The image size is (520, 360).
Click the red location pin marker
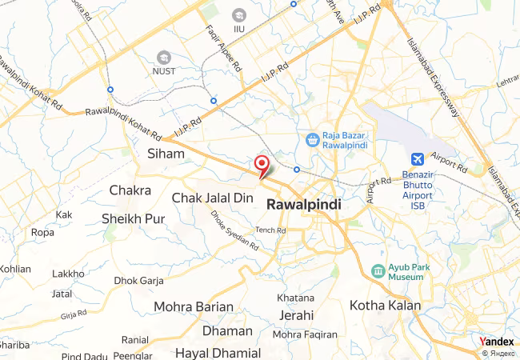(x=261, y=164)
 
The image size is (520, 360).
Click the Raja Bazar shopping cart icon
(x=312, y=140)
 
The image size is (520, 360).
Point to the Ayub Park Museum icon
(x=378, y=271)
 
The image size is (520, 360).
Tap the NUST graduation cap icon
(x=164, y=58)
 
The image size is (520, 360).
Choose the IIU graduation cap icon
(x=238, y=15)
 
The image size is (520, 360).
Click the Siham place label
(x=166, y=152)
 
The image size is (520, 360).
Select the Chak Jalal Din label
(x=213, y=197)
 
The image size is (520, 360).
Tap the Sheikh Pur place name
(x=134, y=218)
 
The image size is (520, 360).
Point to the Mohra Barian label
(x=194, y=306)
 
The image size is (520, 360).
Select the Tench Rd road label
(x=270, y=230)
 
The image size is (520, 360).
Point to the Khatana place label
(x=295, y=298)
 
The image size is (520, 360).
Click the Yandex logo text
(x=497, y=342)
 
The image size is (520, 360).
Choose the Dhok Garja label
(x=138, y=280)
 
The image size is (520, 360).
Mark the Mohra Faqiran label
(x=305, y=334)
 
